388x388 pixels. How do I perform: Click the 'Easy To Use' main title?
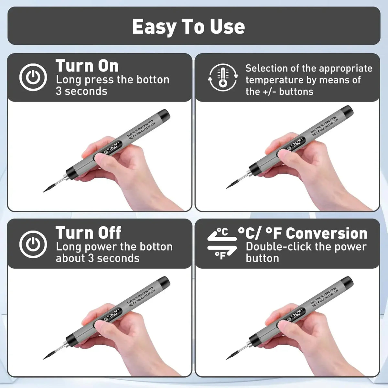tap(189, 27)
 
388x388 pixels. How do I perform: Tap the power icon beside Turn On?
tap(33, 78)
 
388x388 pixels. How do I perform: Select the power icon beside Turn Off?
tap(33, 244)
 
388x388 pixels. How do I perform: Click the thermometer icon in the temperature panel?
tap(223, 78)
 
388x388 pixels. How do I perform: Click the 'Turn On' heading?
tap(87, 66)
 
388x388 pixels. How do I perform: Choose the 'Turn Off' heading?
tap(88, 233)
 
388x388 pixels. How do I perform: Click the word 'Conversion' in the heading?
tap(327, 233)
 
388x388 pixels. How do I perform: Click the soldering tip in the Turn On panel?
tap(52, 187)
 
